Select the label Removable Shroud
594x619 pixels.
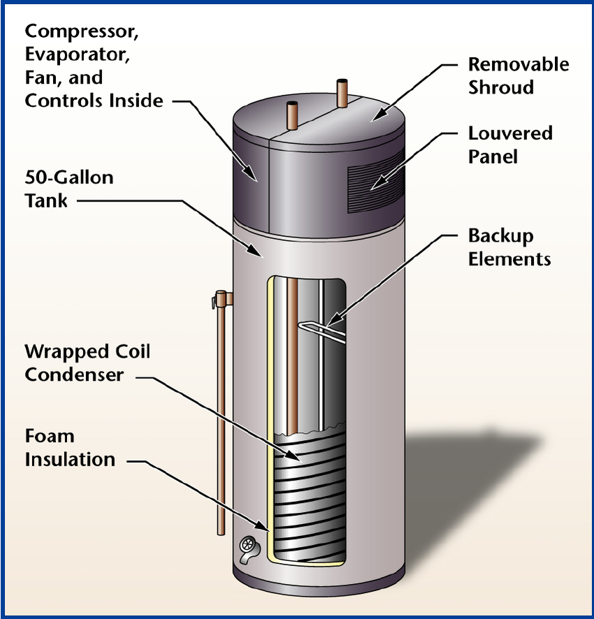click(519, 75)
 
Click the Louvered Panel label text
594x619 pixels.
click(510, 145)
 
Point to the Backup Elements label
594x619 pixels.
click(509, 247)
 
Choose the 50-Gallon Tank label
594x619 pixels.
click(69, 189)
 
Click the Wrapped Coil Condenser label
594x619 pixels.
click(87, 363)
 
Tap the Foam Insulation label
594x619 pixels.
click(70, 448)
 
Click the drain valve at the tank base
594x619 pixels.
click(248, 548)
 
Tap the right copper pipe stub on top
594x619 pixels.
click(342, 93)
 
